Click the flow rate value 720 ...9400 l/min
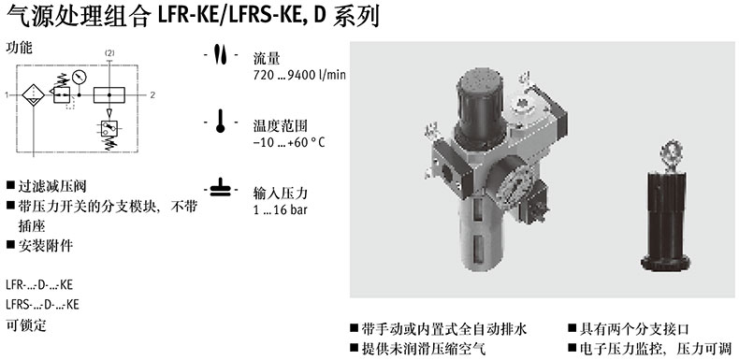click(x=299, y=76)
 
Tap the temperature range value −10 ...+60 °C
click(x=289, y=142)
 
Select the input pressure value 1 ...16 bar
click(x=280, y=209)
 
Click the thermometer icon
click(x=220, y=122)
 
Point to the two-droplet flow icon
click(x=220, y=54)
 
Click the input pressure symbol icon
click(x=220, y=187)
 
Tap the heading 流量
click(x=267, y=58)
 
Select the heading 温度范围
click(x=281, y=126)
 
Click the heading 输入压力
click(x=281, y=194)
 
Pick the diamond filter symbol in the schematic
click(x=34, y=95)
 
